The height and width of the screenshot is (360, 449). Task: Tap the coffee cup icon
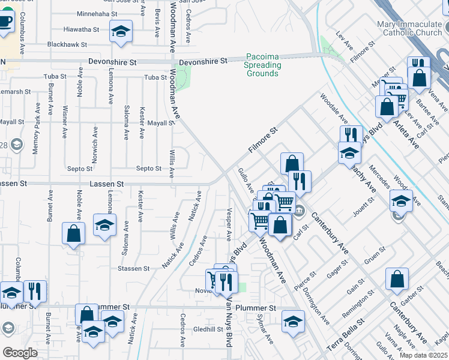pyautogui.click(x=5, y=22)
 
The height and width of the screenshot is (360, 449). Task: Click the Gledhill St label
pyautogui.click(x=208, y=329)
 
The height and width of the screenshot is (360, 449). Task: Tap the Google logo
pyautogui.click(x=20, y=352)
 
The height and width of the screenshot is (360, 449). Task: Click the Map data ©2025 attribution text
pyautogui.click(x=423, y=355)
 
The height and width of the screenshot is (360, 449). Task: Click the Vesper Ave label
pyautogui.click(x=229, y=223)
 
